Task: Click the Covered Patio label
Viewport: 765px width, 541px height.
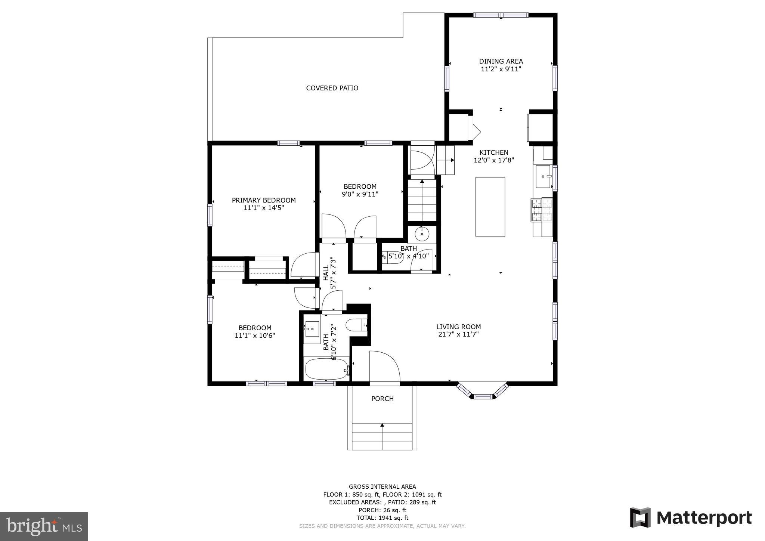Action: click(332, 88)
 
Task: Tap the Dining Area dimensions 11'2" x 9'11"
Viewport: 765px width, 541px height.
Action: click(501, 69)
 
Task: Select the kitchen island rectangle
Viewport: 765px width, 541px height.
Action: click(490, 207)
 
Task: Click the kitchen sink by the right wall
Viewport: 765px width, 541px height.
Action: click(543, 176)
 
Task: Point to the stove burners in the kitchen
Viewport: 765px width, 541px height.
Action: click(542, 210)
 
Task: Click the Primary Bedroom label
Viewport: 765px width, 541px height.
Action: click(264, 200)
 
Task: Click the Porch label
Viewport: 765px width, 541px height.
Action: click(382, 399)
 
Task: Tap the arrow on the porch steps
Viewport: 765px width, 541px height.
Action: click(382, 425)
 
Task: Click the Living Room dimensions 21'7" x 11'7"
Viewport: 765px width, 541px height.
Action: click(458, 334)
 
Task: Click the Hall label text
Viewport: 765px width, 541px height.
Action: click(326, 273)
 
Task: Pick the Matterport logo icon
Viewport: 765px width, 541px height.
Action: click(640, 517)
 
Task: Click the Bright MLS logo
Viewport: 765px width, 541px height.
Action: click(44, 526)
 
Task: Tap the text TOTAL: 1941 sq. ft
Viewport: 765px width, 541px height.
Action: click(382, 518)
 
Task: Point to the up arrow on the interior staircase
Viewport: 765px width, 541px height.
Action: click(422, 182)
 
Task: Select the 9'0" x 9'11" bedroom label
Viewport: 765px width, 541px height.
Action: click(360, 194)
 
